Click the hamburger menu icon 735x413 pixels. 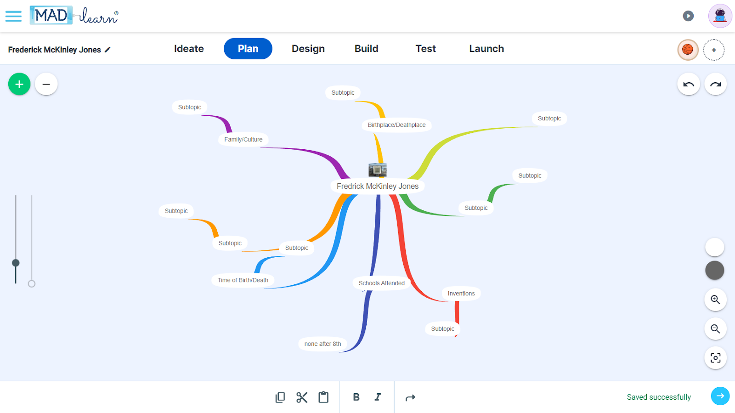point(13,17)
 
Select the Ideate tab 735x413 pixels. point(189,49)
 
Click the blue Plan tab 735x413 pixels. point(248,49)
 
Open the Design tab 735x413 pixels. point(308,49)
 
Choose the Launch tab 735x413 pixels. point(486,49)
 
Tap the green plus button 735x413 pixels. point(19,84)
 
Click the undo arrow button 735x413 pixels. point(689,84)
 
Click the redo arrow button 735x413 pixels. point(715,84)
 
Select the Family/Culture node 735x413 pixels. point(243,140)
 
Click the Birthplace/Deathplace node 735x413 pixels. point(396,125)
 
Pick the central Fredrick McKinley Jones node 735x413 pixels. point(378,186)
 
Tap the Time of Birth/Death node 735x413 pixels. point(243,280)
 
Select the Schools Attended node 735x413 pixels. point(382,283)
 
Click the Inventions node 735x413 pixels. point(461,294)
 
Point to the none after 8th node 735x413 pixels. point(322,344)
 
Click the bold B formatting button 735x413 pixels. point(356,397)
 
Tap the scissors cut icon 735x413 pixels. point(302,397)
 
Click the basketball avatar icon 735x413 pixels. point(688,50)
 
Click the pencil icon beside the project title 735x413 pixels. point(107,50)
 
